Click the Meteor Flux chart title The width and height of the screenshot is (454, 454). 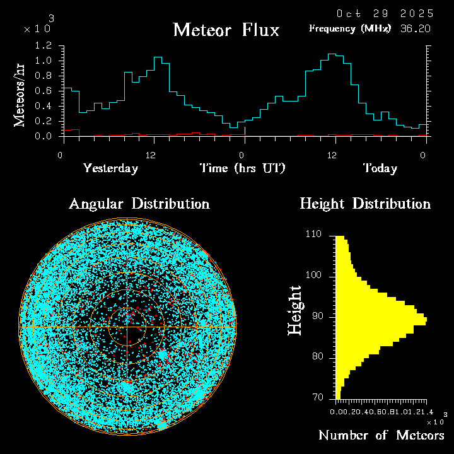coord(226,30)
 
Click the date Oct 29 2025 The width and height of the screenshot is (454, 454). coord(385,13)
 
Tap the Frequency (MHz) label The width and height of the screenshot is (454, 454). coord(350,28)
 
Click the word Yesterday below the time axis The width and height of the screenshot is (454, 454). coord(110,168)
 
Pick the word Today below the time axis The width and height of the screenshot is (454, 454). coord(380,168)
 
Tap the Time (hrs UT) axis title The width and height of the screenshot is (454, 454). coord(243,168)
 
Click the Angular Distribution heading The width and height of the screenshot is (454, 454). coord(139,204)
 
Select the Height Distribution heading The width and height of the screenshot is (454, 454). coord(364,204)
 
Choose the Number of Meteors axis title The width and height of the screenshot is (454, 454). coord(381,435)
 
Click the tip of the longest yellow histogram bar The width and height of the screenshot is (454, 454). coord(426,320)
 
